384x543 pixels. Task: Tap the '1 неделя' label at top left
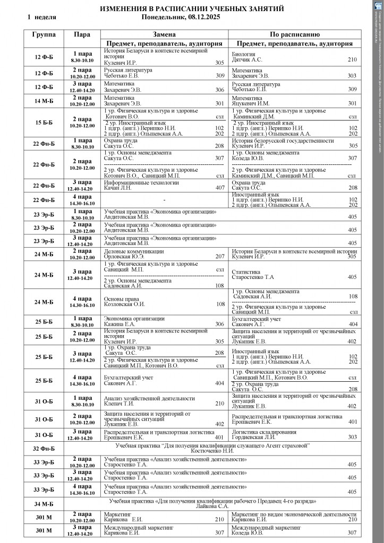pos(41,17)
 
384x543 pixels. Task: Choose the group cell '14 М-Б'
pos(44,101)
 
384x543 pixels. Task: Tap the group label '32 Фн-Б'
pos(44,448)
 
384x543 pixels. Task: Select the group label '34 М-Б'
pos(44,504)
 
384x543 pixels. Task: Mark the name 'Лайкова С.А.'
pos(212,506)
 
